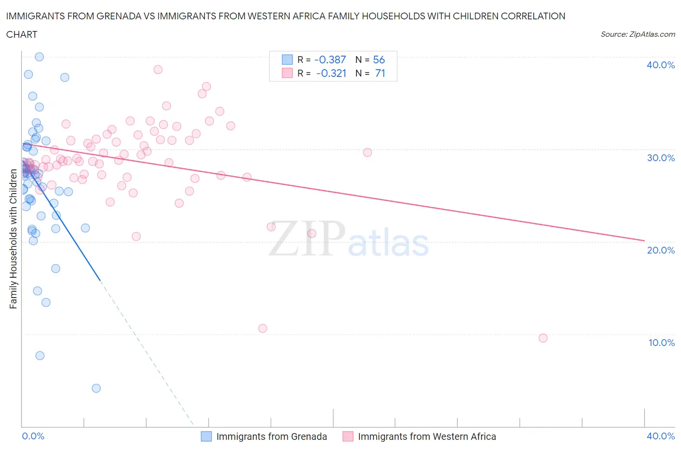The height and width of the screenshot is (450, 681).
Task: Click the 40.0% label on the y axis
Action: click(x=660, y=65)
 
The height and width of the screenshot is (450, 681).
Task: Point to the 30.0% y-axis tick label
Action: click(x=660, y=158)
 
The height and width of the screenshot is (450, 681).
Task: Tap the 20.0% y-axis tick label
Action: click(x=660, y=250)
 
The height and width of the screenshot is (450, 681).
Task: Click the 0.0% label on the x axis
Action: click(x=33, y=436)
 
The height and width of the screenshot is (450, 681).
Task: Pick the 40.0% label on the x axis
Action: click(x=660, y=436)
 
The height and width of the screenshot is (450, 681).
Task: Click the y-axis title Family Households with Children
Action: click(x=13, y=239)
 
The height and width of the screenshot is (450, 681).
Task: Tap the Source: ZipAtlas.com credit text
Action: click(x=637, y=34)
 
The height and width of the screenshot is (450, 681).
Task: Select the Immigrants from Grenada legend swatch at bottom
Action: click(x=206, y=436)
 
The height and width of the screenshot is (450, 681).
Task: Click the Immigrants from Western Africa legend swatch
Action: click(x=348, y=436)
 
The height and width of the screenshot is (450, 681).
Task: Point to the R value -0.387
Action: click(x=330, y=60)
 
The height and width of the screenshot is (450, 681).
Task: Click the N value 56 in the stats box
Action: click(x=379, y=60)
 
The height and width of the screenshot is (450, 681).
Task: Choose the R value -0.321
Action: click(x=331, y=73)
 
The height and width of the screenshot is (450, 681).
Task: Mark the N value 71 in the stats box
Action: click(x=380, y=73)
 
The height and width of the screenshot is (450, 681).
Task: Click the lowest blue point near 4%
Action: click(x=96, y=388)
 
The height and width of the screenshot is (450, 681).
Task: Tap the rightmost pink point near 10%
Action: click(x=543, y=338)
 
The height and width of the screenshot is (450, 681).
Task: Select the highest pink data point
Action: click(x=158, y=69)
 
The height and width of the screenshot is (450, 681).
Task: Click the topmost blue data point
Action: click(x=39, y=57)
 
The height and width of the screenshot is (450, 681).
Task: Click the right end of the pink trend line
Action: click(x=644, y=240)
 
